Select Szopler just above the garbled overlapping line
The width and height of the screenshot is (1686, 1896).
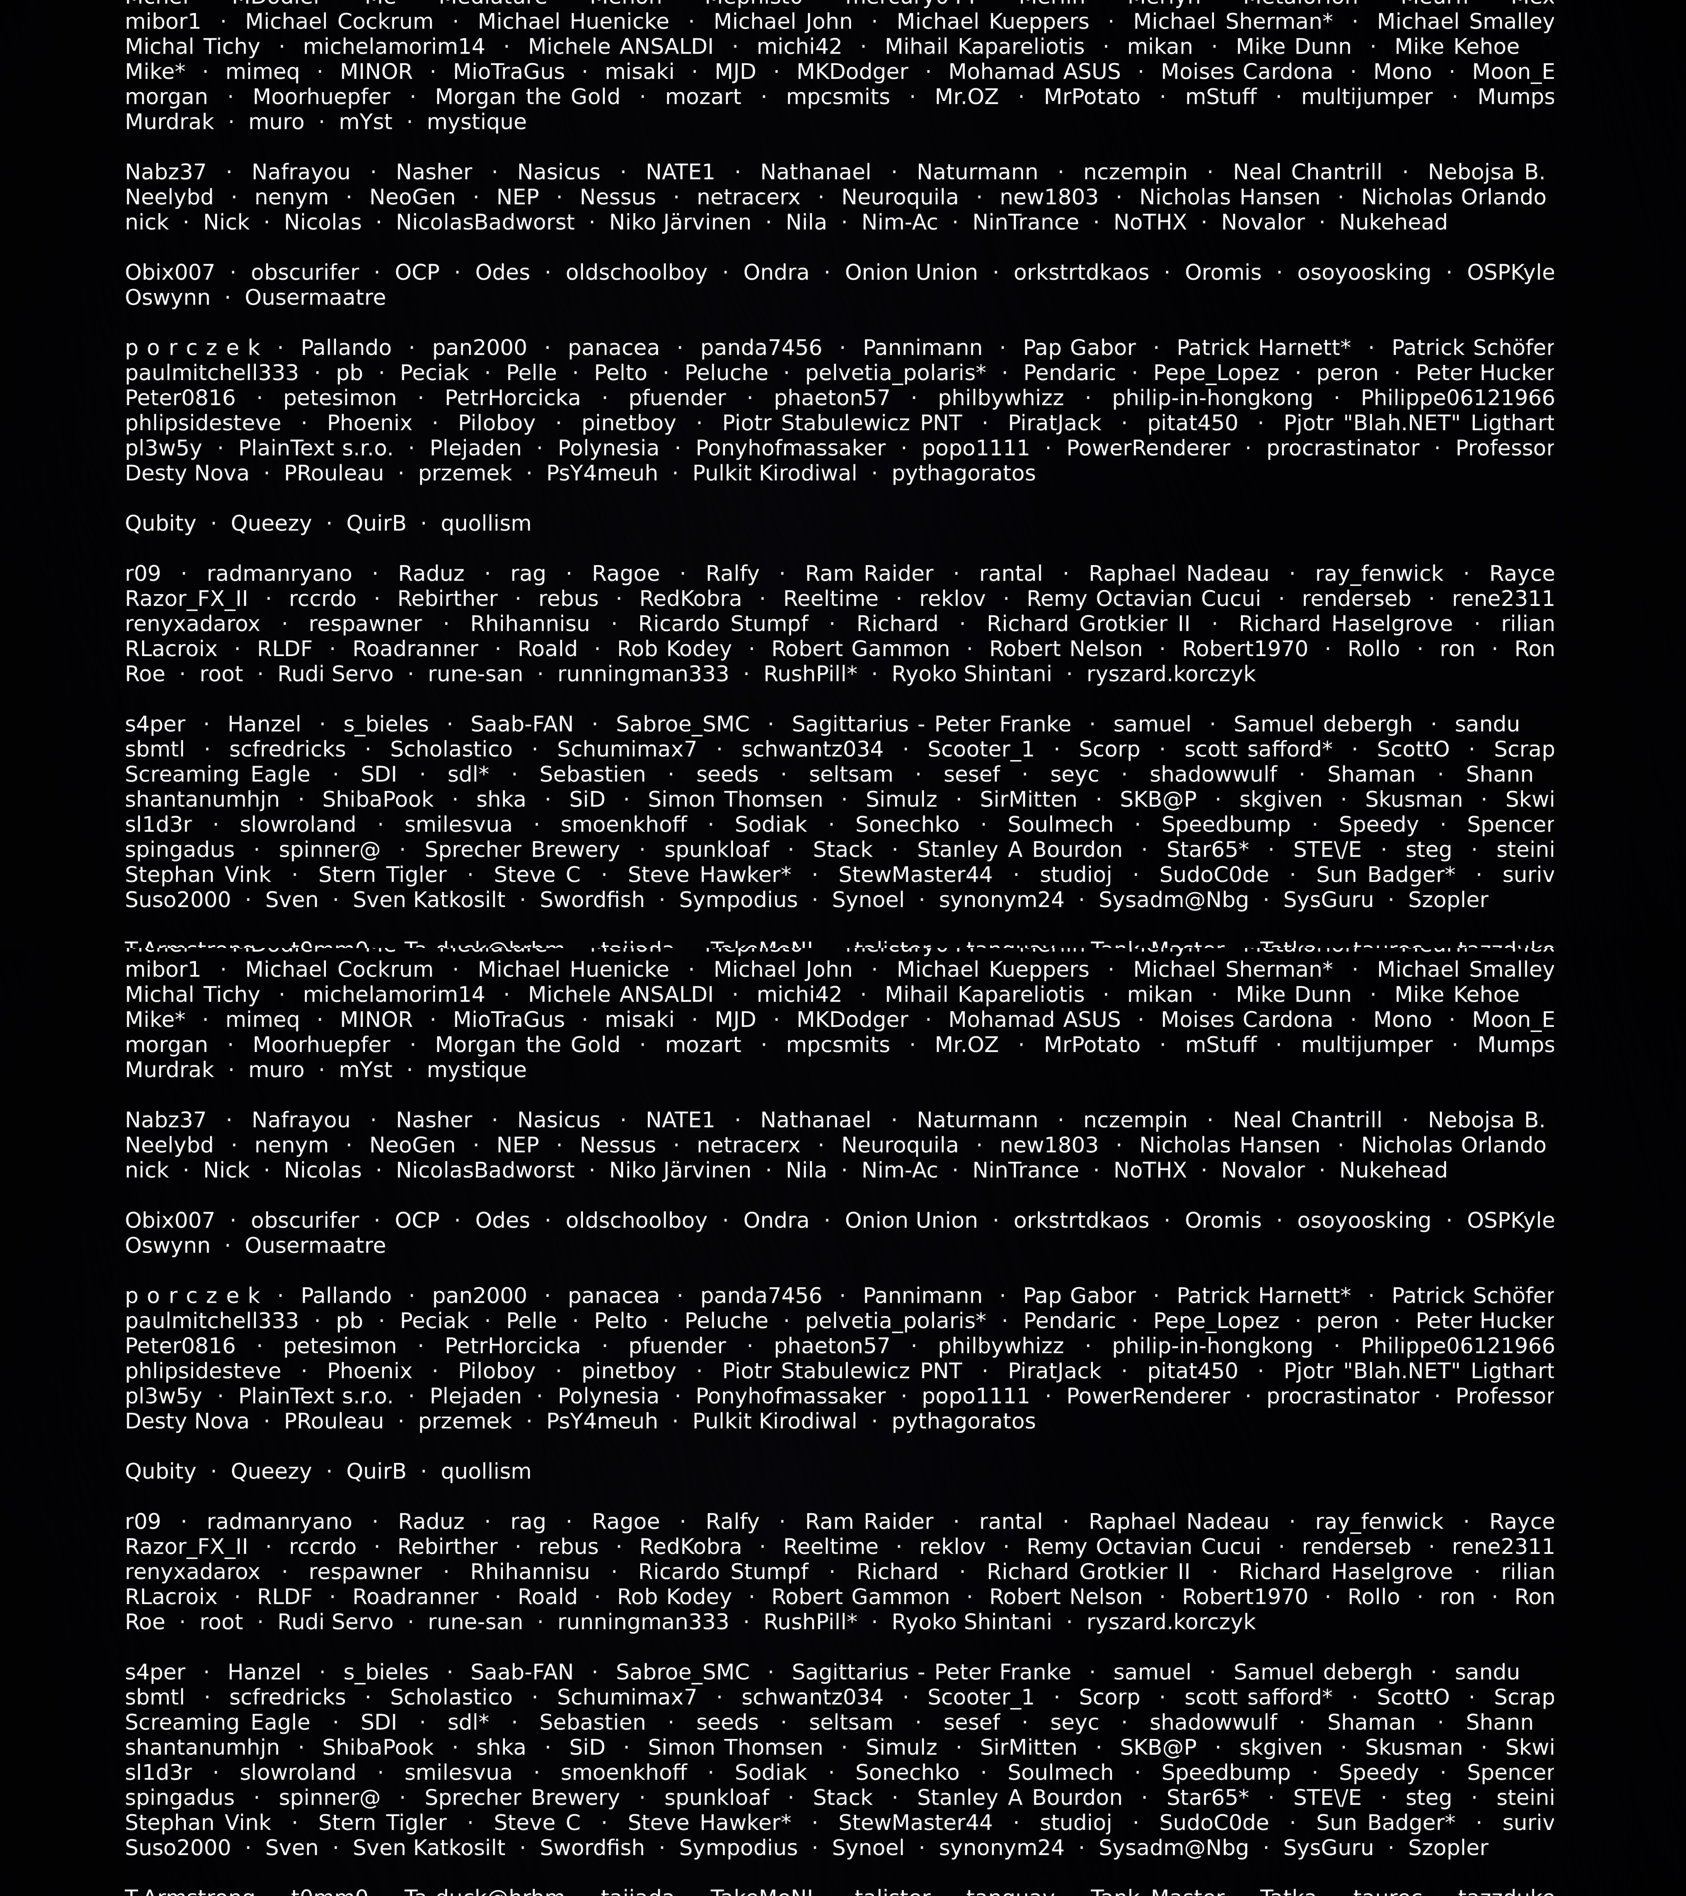1447,900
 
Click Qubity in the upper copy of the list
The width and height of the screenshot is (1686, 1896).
161,523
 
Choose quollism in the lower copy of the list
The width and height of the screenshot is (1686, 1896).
485,1471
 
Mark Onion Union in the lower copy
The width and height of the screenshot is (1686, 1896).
910,1221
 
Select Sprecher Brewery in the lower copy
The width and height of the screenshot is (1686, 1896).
521,1798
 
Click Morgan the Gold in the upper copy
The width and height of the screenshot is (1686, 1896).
527,97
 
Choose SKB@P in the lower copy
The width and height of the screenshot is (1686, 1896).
1158,1748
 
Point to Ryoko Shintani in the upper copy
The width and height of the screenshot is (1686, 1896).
972,675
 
